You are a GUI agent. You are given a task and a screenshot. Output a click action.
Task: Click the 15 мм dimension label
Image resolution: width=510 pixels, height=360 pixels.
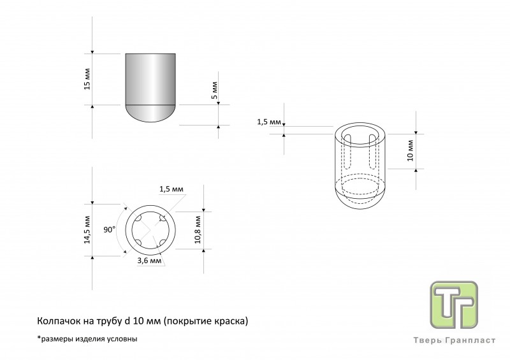tap(87, 79)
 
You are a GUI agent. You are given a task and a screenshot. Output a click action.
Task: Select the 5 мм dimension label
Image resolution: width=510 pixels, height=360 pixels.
tap(214, 90)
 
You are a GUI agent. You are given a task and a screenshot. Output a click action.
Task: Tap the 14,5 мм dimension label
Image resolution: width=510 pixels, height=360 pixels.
tap(87, 229)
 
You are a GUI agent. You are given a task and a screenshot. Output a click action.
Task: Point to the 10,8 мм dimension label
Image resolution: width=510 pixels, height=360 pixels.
tap(198, 229)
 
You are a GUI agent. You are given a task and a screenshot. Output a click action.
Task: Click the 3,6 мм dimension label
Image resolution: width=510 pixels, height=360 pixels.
tap(149, 261)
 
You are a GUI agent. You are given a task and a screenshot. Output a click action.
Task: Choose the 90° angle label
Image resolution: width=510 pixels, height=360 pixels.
tap(110, 229)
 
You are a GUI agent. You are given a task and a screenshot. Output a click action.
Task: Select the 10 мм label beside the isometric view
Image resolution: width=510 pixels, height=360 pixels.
tap(410, 150)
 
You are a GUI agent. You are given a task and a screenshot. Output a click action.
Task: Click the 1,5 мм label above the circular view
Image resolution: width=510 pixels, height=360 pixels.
tap(171, 189)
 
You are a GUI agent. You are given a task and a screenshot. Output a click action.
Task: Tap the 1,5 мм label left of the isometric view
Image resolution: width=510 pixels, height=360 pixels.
tap(269, 122)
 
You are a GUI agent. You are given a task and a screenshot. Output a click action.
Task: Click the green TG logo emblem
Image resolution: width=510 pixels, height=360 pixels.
tap(454, 305)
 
